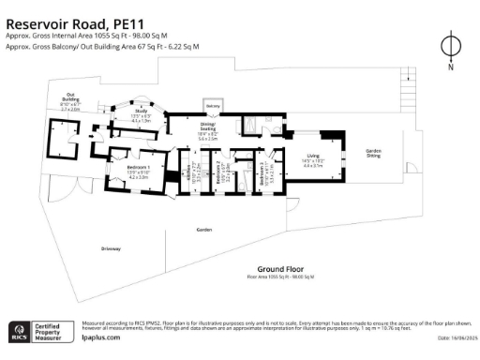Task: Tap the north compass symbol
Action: [451, 46]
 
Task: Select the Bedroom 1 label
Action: [138, 170]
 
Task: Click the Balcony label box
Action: [213, 106]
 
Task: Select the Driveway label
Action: [112, 247]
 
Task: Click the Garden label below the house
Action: [203, 228]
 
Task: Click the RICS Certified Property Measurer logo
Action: [41, 331]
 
